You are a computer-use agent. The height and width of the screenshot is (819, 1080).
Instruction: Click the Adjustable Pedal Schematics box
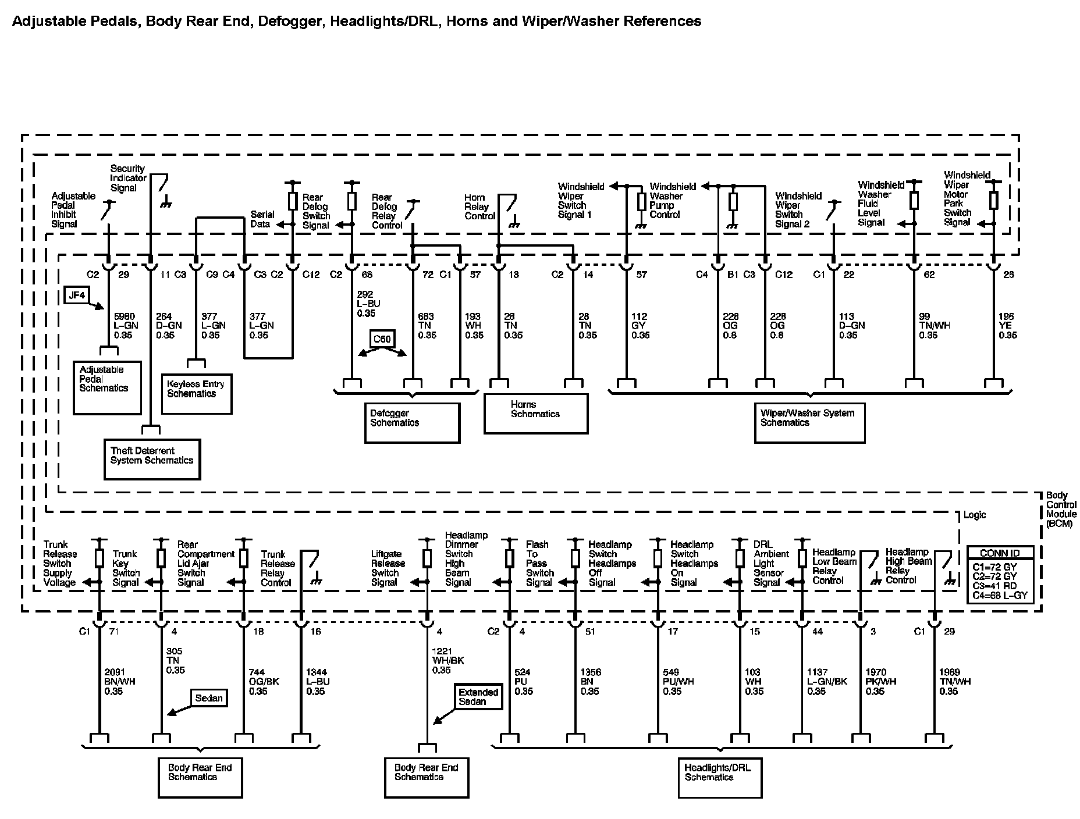[107, 387]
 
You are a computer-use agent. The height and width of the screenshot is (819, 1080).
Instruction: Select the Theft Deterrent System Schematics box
[152, 459]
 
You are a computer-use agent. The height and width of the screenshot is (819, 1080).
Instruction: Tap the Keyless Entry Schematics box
[196, 393]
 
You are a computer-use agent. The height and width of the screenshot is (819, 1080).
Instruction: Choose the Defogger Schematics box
[412, 422]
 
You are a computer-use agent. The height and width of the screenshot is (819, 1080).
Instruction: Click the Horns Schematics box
[535, 413]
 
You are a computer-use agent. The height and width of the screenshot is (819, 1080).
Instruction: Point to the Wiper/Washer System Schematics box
[809, 422]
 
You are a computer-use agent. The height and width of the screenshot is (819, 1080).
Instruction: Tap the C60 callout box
[382, 339]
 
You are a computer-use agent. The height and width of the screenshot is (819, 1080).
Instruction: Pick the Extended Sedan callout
[478, 696]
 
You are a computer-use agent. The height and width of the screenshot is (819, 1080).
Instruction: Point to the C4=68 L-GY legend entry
[1000, 595]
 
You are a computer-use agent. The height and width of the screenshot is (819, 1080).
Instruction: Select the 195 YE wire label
[1008, 326]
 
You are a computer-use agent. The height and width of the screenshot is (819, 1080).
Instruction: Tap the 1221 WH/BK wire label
[448, 661]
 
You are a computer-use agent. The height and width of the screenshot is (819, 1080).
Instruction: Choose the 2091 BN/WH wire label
[120, 682]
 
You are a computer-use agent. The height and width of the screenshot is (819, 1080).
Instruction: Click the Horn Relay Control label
[479, 207]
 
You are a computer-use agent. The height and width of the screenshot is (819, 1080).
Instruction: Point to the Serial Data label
[262, 219]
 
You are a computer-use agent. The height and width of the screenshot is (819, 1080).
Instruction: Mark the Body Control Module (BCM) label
[1061, 509]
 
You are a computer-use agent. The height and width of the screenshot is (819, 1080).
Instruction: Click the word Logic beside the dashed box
[975, 515]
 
